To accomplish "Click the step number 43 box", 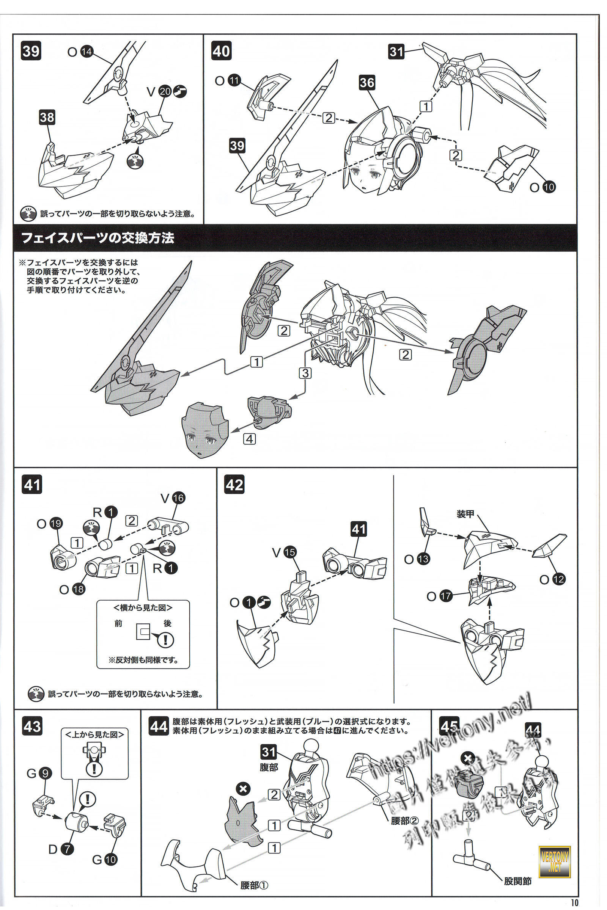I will pos(32,726).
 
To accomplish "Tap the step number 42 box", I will pos(234,485).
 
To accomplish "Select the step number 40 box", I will pos(221,51).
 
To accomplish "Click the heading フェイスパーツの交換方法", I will pos(97,238).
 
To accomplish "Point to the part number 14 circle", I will pos(87,52).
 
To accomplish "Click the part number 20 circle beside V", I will pos(165,91).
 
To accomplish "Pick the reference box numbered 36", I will pos(366,82).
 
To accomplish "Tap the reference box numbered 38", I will pos(47,117).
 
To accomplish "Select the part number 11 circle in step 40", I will pos(234,80).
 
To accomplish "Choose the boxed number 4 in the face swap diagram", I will pos(250,439).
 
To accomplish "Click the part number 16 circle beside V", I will pos(178,498).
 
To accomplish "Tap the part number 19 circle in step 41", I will pos(56,524).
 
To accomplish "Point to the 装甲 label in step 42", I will pos(465,514).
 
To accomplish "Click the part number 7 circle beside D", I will pos(67,849).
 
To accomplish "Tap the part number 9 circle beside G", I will pos(45,773).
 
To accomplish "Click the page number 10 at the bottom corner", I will pos(574,902).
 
